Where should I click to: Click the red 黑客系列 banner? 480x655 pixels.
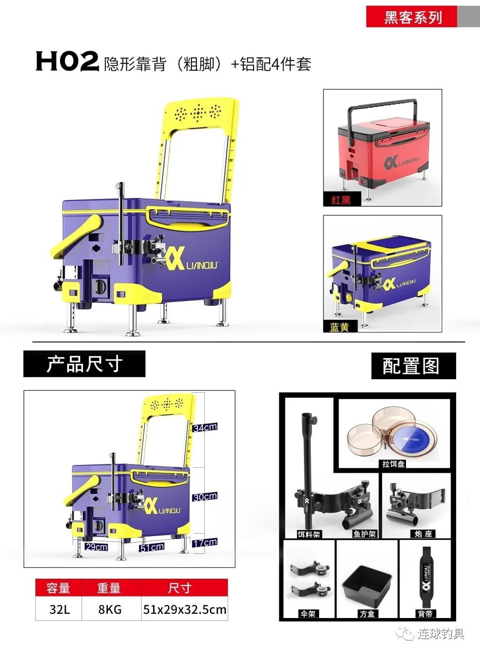(x=412, y=17)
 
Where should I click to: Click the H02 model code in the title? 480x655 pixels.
(x=67, y=61)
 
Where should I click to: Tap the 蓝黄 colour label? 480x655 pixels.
(x=339, y=327)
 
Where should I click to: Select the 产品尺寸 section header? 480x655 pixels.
(x=84, y=364)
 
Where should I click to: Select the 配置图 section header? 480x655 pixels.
(x=413, y=366)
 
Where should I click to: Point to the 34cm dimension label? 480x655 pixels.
(x=205, y=427)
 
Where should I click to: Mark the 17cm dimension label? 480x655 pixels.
(x=205, y=543)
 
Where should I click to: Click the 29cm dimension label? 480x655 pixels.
(x=96, y=546)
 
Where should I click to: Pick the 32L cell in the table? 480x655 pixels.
(x=59, y=610)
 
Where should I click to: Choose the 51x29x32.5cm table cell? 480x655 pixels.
(x=184, y=610)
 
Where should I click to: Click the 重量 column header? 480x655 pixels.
(x=109, y=588)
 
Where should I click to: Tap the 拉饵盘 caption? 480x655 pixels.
(x=393, y=464)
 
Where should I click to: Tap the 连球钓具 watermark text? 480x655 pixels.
(x=441, y=633)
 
